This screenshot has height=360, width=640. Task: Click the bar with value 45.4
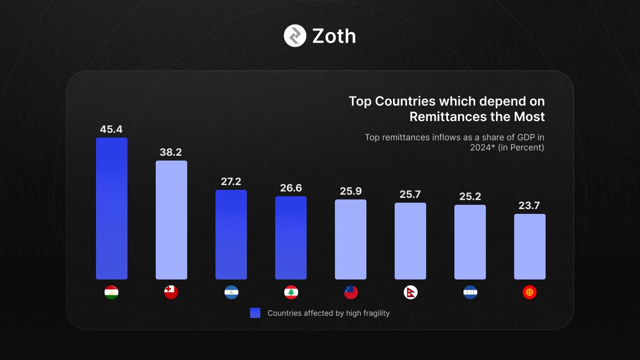(x=111, y=209)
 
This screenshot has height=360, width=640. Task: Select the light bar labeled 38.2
(x=171, y=220)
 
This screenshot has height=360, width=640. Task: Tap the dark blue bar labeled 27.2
(x=231, y=235)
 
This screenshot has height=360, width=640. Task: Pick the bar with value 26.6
(x=291, y=238)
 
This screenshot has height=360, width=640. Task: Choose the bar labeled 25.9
(x=350, y=239)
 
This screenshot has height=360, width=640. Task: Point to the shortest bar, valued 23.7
(x=530, y=246)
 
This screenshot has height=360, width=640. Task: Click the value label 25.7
(x=410, y=195)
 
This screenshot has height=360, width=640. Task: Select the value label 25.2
(x=470, y=197)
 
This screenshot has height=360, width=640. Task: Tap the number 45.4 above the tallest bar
(x=111, y=129)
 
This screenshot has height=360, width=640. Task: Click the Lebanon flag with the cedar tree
(x=291, y=292)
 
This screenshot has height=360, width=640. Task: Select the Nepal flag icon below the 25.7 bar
(x=410, y=292)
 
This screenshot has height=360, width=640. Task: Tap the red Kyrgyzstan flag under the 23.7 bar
(x=530, y=292)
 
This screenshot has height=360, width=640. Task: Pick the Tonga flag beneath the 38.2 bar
(x=171, y=292)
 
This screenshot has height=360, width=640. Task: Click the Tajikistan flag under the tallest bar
(x=111, y=292)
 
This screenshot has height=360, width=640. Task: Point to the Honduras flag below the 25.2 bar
(x=470, y=292)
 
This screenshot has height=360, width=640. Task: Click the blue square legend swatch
(x=255, y=313)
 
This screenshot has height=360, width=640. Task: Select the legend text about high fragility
(x=329, y=313)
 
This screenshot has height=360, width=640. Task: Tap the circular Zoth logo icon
(x=295, y=36)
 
